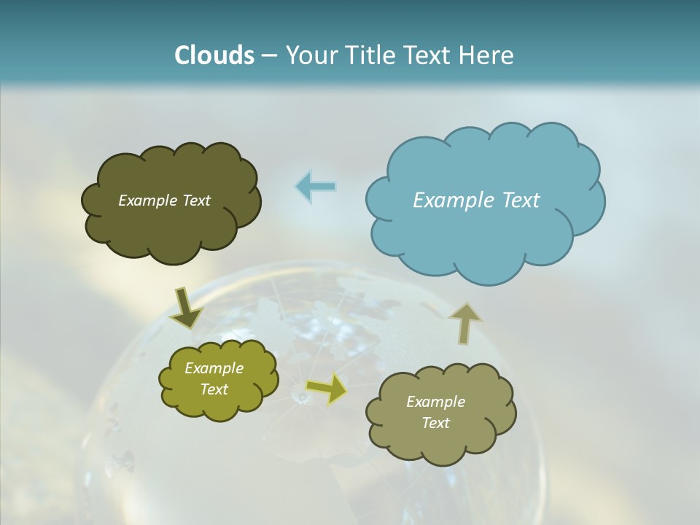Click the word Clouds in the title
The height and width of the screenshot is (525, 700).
click(214, 55)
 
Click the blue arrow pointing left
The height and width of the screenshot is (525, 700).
click(316, 187)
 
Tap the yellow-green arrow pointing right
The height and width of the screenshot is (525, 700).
click(327, 389)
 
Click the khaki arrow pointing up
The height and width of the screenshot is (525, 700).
click(464, 322)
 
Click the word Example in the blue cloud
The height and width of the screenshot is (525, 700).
click(451, 201)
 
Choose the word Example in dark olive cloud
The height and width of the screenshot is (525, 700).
click(147, 201)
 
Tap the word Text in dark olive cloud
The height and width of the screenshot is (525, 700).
click(195, 201)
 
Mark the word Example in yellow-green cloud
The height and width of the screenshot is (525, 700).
click(214, 368)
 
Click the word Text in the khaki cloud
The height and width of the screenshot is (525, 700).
click(435, 423)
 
